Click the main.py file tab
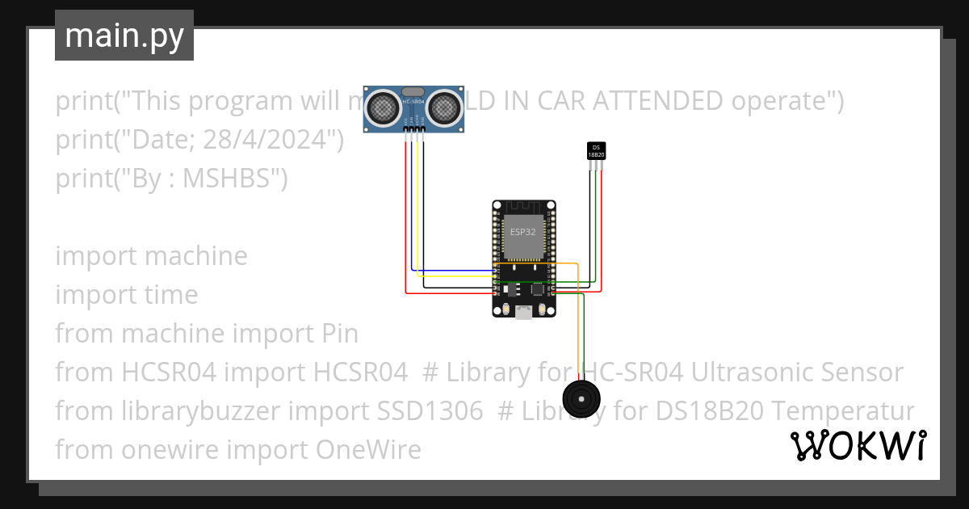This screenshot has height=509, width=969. [x=124, y=36]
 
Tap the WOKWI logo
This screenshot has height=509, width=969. [x=858, y=445]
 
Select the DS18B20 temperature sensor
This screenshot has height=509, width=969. [x=596, y=150]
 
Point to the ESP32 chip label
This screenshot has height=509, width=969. [x=522, y=232]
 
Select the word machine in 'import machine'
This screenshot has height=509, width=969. [x=196, y=256]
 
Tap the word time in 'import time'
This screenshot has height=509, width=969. [x=171, y=295]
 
